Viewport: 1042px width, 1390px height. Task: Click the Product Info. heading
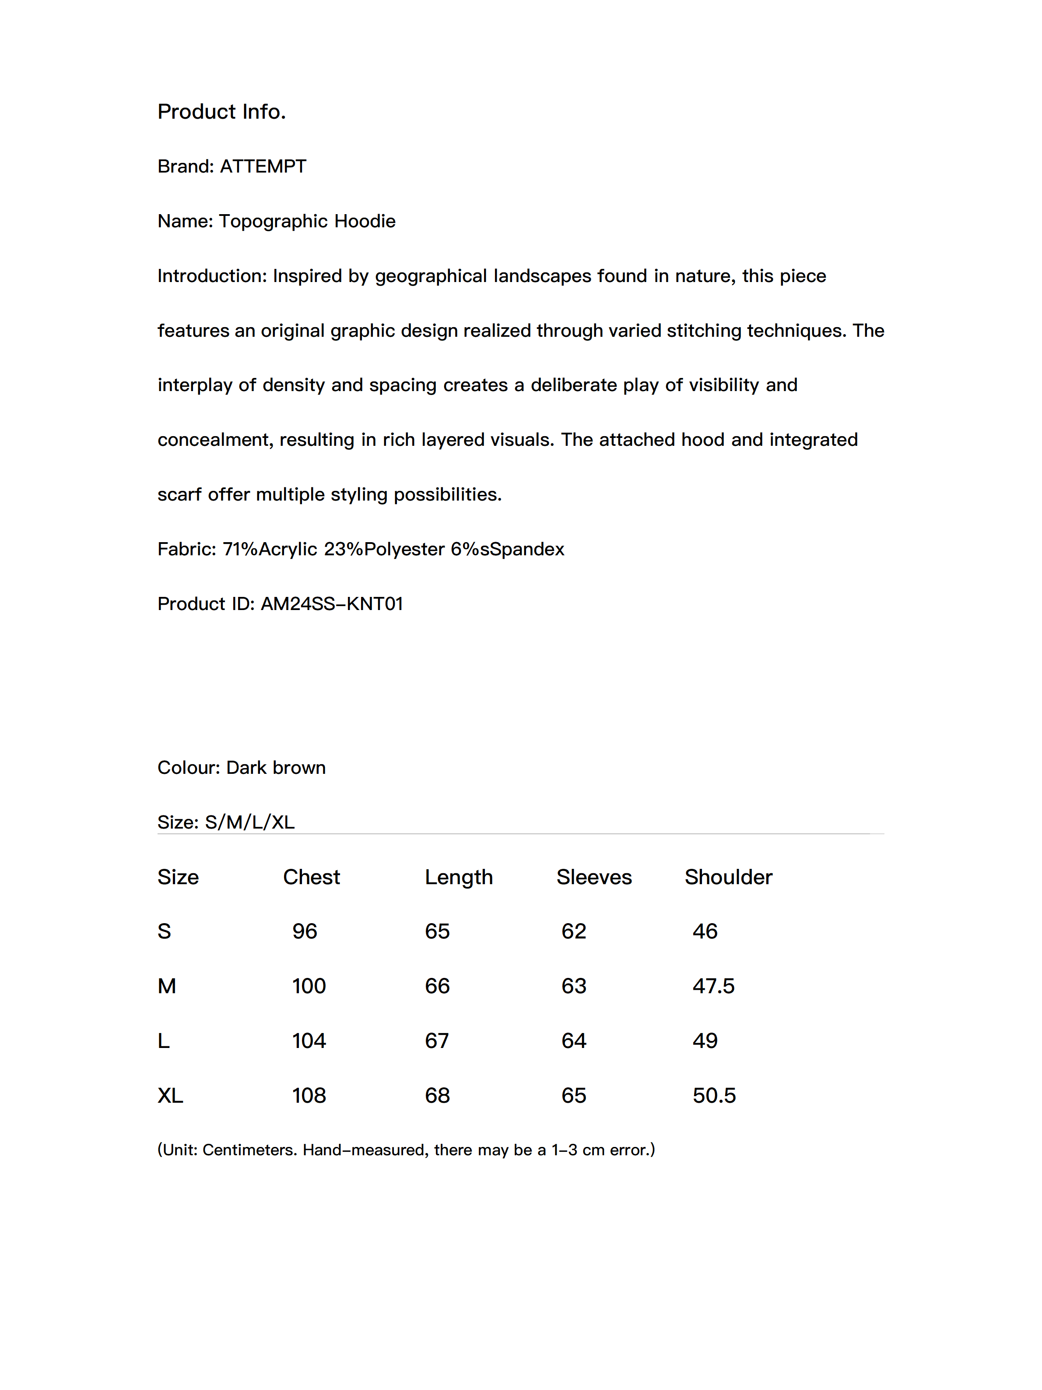(221, 112)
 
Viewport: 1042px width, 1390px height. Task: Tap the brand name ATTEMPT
(263, 166)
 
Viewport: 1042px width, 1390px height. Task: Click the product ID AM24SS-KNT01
(332, 604)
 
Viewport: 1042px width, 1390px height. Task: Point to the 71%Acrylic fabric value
(270, 549)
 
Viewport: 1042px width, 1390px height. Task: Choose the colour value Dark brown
(276, 768)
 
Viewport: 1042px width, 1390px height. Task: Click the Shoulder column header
(728, 877)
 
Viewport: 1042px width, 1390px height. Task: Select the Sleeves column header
(593, 877)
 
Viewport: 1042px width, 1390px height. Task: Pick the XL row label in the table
(170, 1096)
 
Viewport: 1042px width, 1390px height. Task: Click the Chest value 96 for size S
(305, 931)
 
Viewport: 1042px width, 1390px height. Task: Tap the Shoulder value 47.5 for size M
(713, 986)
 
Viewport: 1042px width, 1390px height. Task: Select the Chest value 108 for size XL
(309, 1096)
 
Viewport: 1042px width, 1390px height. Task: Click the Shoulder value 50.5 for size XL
(713, 1096)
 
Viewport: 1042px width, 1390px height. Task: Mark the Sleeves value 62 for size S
(573, 931)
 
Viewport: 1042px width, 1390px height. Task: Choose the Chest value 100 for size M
(309, 986)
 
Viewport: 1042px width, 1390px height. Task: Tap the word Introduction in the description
(212, 276)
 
